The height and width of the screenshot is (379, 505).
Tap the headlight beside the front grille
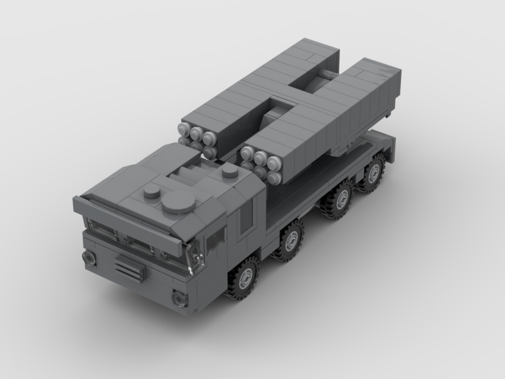[x=89, y=257]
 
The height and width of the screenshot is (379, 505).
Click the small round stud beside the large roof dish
[x=151, y=191]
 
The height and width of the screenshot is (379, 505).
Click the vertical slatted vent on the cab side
[x=245, y=217]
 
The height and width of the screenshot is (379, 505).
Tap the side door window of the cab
[x=216, y=239]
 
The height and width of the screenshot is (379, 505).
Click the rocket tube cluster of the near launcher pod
[x=261, y=164]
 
